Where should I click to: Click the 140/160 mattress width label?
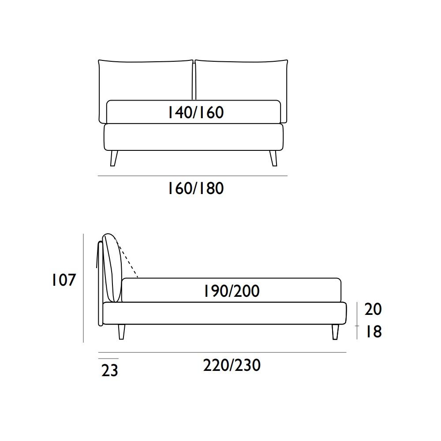196,112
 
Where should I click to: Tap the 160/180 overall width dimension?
196,188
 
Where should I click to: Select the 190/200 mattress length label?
232,291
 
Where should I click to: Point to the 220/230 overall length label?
232,365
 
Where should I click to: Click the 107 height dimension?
64,280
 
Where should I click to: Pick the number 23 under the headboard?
110,370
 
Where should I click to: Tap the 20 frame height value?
373,309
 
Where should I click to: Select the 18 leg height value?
374,331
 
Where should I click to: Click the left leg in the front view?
113,158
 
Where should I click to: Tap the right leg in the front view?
273,158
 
